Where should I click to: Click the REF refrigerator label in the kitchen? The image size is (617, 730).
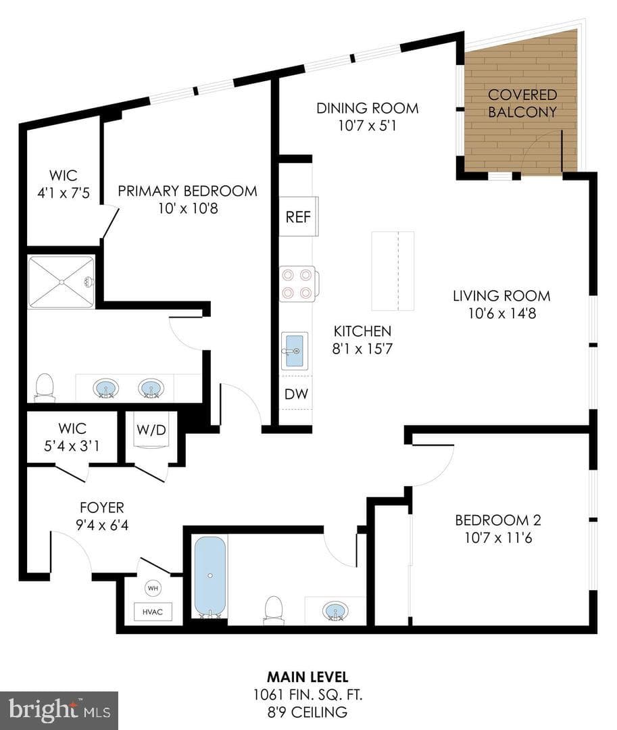(298, 217)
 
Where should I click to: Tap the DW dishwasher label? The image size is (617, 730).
(297, 394)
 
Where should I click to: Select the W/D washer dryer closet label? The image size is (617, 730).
(151, 429)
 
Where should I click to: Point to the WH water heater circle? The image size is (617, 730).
(153, 589)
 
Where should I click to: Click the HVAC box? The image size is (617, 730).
(153, 612)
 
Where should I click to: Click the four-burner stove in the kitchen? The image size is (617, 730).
(298, 284)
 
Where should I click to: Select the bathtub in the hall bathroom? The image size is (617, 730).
(210, 577)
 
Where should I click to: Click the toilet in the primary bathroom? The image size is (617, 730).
(45, 387)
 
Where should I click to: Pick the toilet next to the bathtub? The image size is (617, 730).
(274, 610)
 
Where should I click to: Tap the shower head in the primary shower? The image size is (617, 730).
(89, 282)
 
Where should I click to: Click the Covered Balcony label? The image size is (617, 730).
(522, 103)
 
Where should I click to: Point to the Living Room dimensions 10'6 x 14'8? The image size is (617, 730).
(501, 314)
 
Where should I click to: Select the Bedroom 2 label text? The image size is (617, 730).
(498, 520)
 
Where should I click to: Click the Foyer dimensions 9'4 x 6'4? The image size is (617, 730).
(102, 525)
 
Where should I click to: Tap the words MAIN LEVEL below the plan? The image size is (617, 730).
(307, 677)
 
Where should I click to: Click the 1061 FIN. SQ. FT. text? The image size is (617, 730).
(307, 695)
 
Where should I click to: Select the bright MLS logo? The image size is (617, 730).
(59, 710)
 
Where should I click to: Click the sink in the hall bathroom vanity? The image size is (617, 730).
(335, 611)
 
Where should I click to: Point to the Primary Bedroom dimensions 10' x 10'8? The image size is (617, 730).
(187, 208)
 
